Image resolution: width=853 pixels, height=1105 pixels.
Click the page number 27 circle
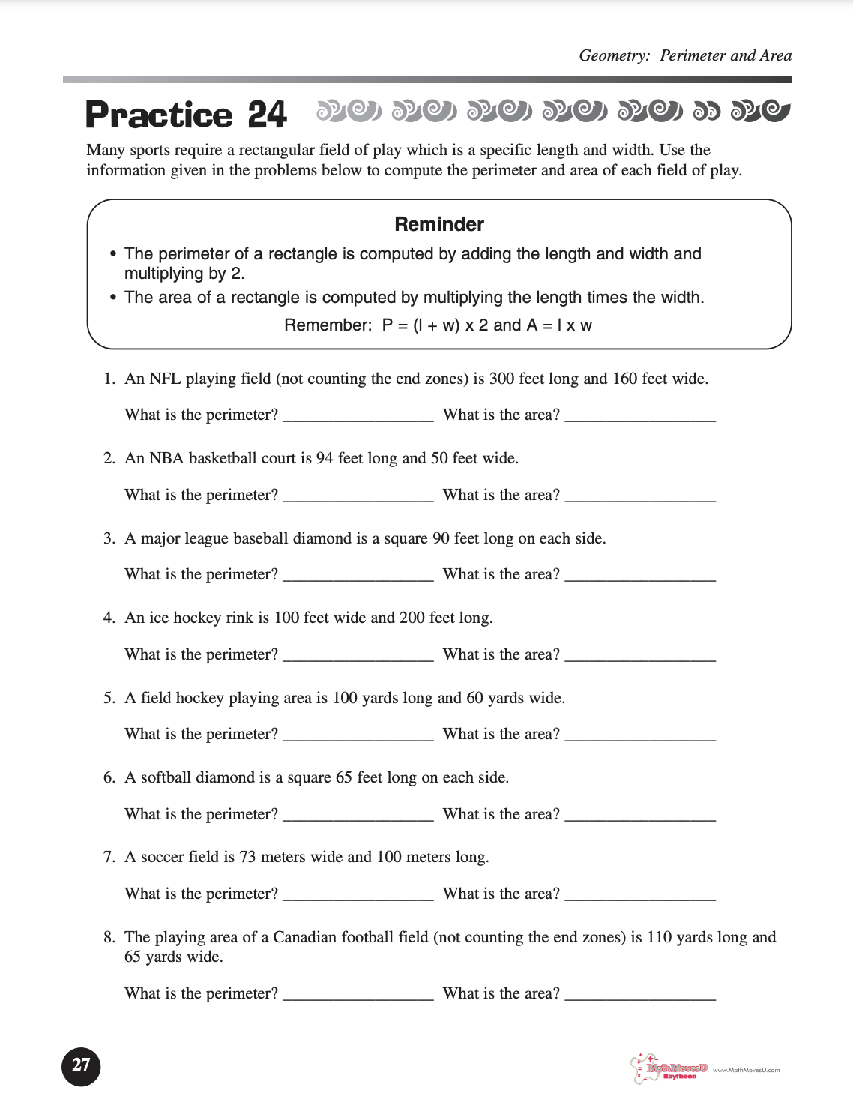click(81, 1065)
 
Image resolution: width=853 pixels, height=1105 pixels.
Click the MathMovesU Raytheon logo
click(669, 1068)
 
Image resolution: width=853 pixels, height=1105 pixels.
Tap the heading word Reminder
click(439, 224)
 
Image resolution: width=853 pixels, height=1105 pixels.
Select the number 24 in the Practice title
click(267, 115)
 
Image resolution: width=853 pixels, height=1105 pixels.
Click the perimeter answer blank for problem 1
click(358, 417)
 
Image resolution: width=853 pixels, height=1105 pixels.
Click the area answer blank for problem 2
click(640, 496)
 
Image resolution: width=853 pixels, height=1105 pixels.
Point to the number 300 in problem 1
click(501, 379)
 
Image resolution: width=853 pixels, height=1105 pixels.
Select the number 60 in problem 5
click(474, 698)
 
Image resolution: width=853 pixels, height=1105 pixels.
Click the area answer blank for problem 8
click(640, 995)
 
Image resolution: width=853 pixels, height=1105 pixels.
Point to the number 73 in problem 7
click(247, 857)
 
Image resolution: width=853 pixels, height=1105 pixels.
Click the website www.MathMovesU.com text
click(746, 1070)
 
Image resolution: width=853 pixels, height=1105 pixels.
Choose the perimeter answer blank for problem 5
click(358, 735)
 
